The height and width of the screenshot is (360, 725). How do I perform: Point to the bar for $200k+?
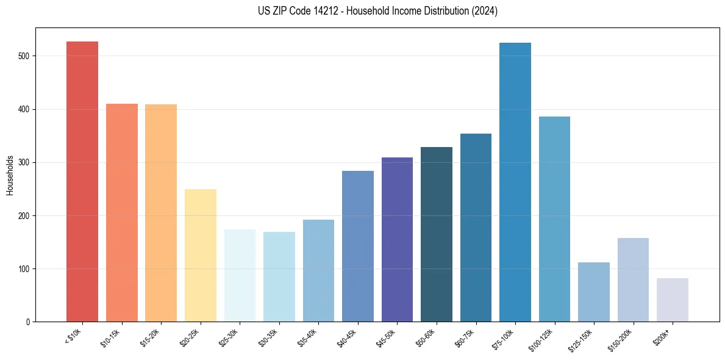[x=673, y=300]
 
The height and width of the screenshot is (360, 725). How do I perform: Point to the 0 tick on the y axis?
[x=29, y=322]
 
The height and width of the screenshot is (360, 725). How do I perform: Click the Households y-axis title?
[x=10, y=175]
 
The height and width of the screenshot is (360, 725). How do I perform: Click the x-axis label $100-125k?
[x=543, y=340]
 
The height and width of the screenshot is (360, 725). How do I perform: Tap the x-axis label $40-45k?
[x=348, y=338]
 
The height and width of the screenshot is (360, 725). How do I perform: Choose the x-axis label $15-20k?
[x=151, y=338]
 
